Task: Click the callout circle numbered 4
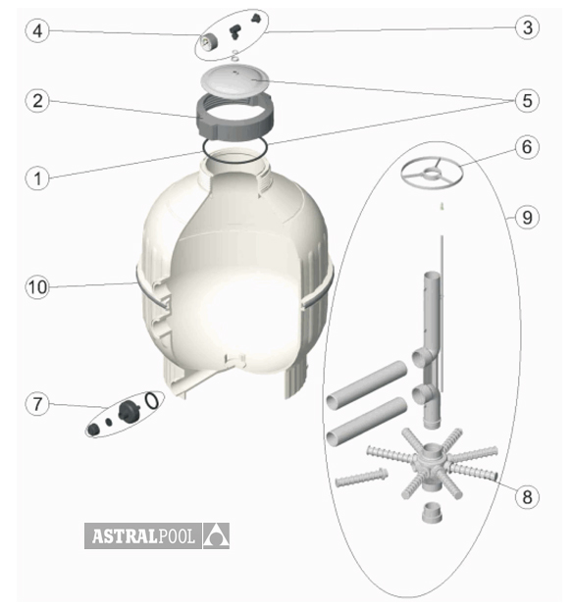click(37, 30)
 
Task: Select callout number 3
click(527, 27)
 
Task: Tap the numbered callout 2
click(37, 101)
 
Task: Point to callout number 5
click(527, 101)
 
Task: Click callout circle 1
click(37, 178)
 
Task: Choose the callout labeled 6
click(527, 147)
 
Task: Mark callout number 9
click(527, 217)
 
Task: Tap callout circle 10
click(37, 287)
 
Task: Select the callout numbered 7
click(37, 404)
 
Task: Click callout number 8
click(527, 496)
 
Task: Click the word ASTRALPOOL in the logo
click(143, 536)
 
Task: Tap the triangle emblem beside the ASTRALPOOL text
click(216, 536)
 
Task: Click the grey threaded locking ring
click(235, 116)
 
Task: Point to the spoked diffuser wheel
click(432, 173)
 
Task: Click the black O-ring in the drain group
click(151, 400)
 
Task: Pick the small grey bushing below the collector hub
click(432, 513)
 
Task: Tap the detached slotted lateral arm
click(361, 478)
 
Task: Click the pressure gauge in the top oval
click(208, 41)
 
